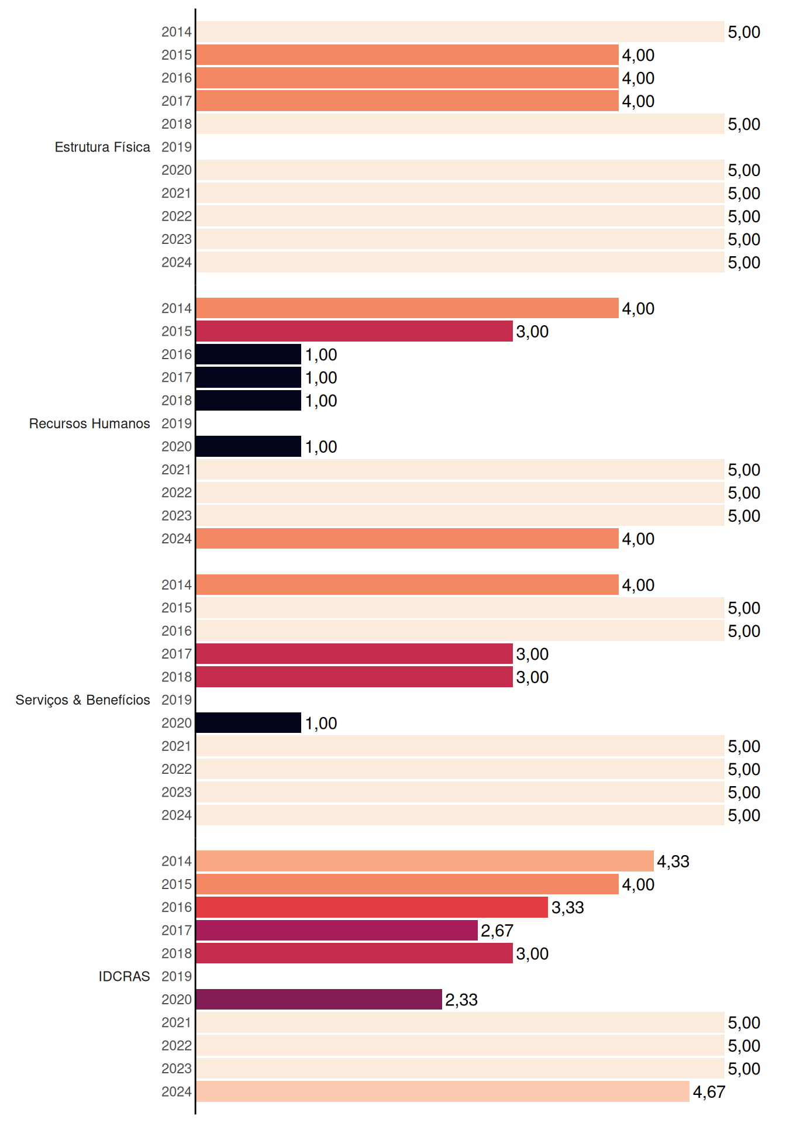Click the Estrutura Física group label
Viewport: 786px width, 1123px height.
102,147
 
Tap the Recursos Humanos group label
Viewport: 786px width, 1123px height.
89,423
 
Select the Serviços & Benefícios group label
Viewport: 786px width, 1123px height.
82,700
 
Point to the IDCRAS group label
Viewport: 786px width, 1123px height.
124,976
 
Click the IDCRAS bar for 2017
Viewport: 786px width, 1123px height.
337,930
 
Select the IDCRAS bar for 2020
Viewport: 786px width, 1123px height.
319,999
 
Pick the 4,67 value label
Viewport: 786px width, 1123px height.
709,1092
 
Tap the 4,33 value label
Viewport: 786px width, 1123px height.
673,862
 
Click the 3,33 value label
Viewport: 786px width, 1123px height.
567,908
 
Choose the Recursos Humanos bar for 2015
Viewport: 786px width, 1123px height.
354,331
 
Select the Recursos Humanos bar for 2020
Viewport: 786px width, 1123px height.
249,446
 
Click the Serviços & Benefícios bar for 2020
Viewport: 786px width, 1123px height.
249,723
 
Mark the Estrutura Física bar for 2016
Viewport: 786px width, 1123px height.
408,78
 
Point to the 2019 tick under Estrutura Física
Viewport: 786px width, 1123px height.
177,147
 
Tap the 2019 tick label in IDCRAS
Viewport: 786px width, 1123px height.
177,976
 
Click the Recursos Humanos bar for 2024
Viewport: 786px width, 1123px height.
408,538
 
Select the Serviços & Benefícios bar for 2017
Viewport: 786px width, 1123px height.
354,654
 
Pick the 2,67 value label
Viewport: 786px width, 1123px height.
497,931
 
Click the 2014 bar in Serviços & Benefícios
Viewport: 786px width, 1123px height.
408,584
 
